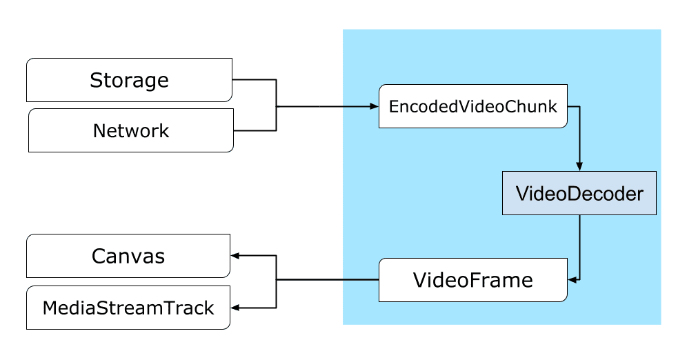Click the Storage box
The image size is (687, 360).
129,80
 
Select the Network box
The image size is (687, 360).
130,130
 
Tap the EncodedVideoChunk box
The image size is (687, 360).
473,106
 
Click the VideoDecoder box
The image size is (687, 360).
579,194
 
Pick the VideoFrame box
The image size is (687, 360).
473,280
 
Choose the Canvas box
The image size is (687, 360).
128,257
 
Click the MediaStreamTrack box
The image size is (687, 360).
128,308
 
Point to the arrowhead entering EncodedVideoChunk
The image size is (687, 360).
375,107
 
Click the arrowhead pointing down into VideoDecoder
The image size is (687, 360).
579,166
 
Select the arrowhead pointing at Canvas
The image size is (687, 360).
235,256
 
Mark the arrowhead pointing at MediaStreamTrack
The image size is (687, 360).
235,308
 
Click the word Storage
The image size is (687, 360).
129,80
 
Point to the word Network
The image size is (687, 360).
130,130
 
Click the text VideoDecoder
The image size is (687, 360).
579,194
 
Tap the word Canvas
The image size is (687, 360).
128,257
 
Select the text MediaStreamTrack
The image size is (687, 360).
128,308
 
